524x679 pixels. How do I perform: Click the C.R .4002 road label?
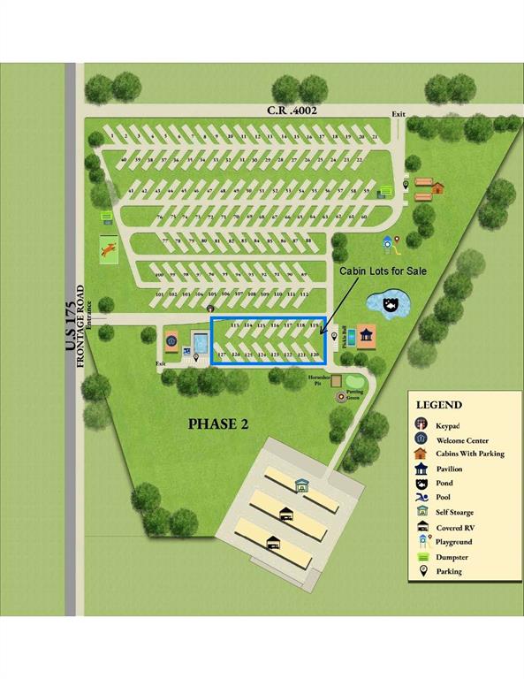[292, 111]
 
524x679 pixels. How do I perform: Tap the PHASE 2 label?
[217, 423]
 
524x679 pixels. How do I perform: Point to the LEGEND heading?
[439, 405]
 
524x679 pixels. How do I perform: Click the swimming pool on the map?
[200, 341]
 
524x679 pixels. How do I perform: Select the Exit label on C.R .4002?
[399, 113]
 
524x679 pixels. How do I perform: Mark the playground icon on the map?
[386, 241]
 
